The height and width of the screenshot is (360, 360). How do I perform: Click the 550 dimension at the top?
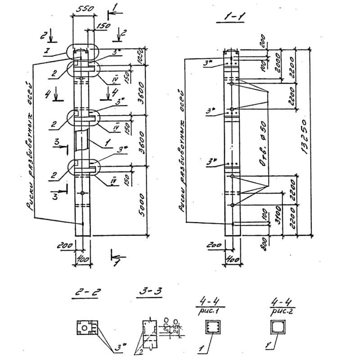83,9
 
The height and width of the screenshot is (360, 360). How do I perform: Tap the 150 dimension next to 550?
103,27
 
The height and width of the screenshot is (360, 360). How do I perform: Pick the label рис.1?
211,310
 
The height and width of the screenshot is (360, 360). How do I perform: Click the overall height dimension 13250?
304,137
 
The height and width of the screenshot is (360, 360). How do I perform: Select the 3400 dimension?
279,216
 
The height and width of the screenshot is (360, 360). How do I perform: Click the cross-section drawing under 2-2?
85,328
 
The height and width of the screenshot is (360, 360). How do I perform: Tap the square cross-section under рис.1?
211,327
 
